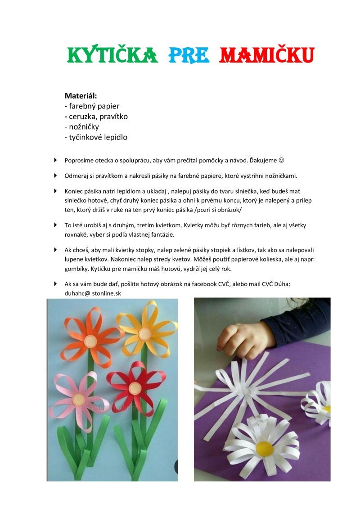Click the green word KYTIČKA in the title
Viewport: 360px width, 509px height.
[x=112, y=55]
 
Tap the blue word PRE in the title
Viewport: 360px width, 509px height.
[x=189, y=55]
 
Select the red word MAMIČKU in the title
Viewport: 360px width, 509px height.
[x=266, y=55]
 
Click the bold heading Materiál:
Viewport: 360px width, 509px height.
[x=81, y=95]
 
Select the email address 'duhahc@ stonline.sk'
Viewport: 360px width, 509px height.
[x=93, y=293]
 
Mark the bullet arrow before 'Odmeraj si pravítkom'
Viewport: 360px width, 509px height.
[x=55, y=175]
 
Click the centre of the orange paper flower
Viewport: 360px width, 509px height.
[x=90, y=341]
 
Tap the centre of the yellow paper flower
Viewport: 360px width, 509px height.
[x=144, y=333]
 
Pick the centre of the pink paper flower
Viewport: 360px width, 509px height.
[x=78, y=399]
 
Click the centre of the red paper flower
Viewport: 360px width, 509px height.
[x=135, y=388]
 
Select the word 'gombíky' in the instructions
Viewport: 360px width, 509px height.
[x=77, y=269]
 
